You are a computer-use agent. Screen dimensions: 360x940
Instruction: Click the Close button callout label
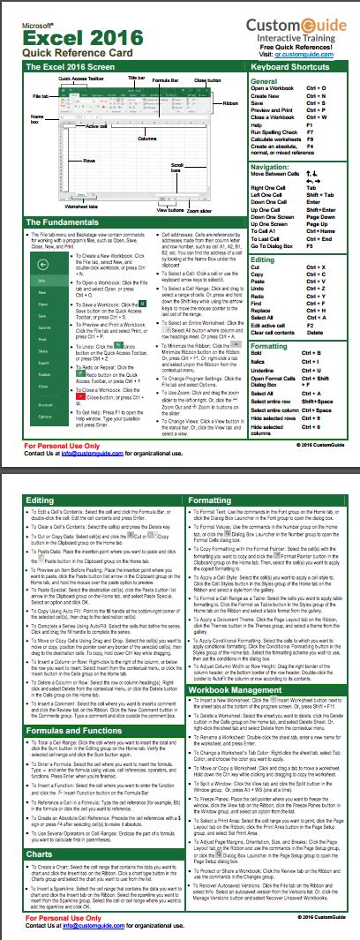click(x=207, y=80)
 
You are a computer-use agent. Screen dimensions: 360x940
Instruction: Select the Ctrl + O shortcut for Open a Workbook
click(x=318, y=89)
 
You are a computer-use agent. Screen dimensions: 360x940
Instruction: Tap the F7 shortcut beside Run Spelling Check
click(x=311, y=131)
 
